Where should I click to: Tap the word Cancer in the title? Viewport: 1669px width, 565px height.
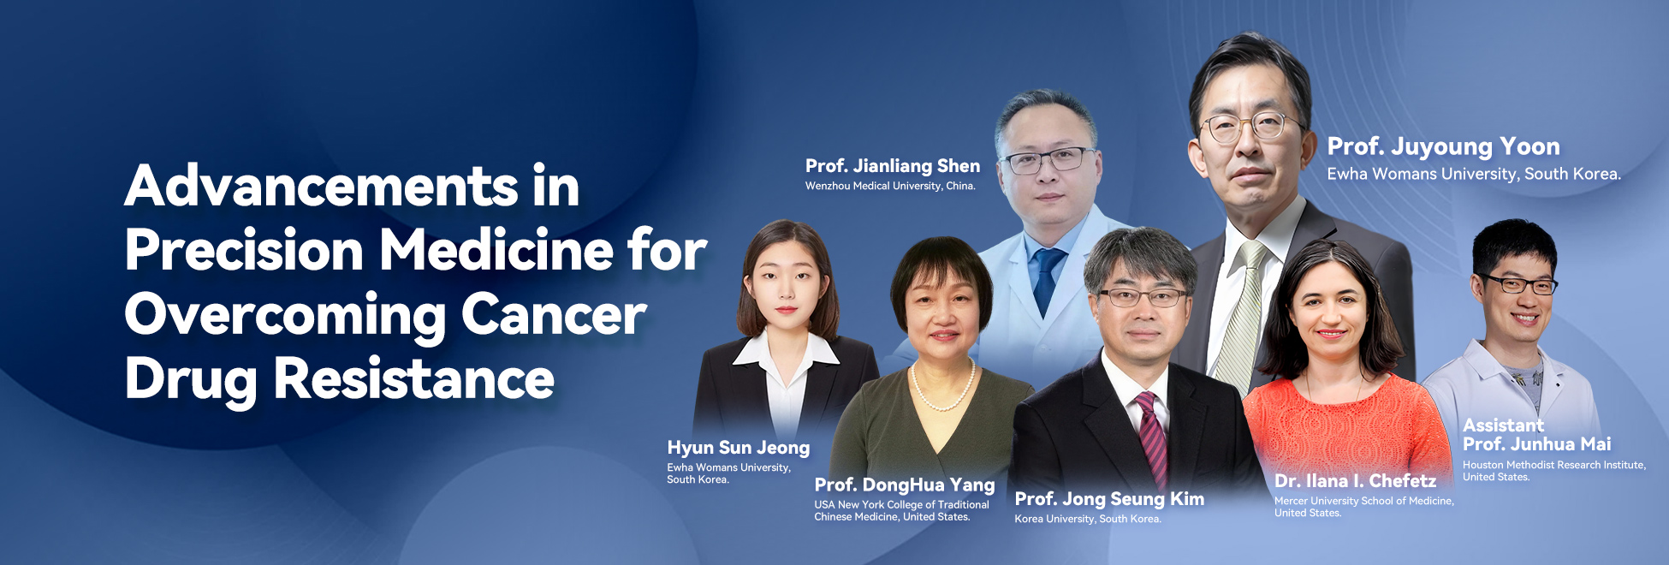(x=554, y=315)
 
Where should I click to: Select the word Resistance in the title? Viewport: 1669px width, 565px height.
(x=414, y=378)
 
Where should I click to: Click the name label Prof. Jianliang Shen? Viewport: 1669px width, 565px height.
(x=893, y=166)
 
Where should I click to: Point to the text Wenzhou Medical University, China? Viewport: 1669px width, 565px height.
(x=890, y=186)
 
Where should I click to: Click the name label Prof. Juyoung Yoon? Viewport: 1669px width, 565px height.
(x=1443, y=147)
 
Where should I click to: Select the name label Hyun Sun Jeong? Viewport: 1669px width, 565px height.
(x=738, y=448)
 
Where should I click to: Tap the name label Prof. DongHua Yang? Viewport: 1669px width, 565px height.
(x=905, y=485)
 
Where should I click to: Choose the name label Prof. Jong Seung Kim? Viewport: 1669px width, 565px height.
(x=1109, y=499)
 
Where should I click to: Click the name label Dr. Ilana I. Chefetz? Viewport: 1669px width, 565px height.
(x=1355, y=481)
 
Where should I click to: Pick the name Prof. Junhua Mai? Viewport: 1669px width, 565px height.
(x=1537, y=443)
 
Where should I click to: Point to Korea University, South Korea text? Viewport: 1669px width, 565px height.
(x=1088, y=519)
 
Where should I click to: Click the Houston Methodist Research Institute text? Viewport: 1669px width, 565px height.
(x=1554, y=465)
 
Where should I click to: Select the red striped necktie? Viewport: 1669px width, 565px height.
(x=1152, y=437)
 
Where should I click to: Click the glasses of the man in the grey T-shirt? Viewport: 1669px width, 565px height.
(x=1518, y=283)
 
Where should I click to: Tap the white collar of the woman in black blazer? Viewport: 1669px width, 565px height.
(x=785, y=349)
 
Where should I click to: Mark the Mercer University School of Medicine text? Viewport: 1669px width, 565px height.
(x=1364, y=501)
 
